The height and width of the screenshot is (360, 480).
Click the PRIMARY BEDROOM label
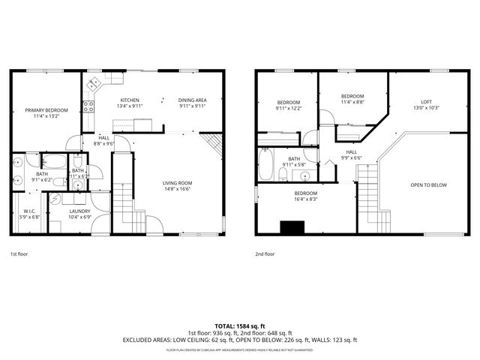point(46,110)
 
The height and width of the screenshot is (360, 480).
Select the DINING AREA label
point(192,100)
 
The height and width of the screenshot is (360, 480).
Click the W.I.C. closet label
point(29,211)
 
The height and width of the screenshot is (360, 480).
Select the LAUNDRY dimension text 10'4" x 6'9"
point(79,217)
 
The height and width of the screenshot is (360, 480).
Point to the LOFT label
point(426,102)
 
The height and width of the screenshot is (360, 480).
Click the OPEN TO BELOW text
point(428,184)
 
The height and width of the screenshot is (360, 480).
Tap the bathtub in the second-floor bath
point(265,164)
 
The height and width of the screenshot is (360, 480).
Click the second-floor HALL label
point(351,151)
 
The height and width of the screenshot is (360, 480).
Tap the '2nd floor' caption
point(265,254)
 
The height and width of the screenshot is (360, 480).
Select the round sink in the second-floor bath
point(305,176)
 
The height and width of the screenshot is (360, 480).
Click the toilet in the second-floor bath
point(283,174)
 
